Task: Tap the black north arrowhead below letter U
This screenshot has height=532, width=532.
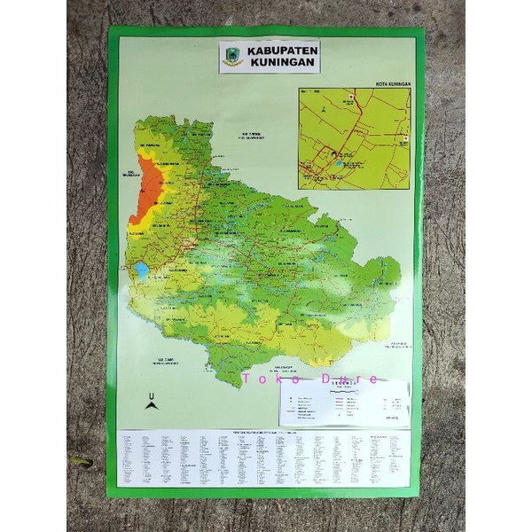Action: (151, 405)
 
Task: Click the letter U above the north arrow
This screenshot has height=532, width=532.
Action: (151, 394)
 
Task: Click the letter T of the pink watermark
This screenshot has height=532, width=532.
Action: (246, 379)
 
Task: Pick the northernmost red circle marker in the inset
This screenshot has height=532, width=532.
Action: (352, 96)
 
